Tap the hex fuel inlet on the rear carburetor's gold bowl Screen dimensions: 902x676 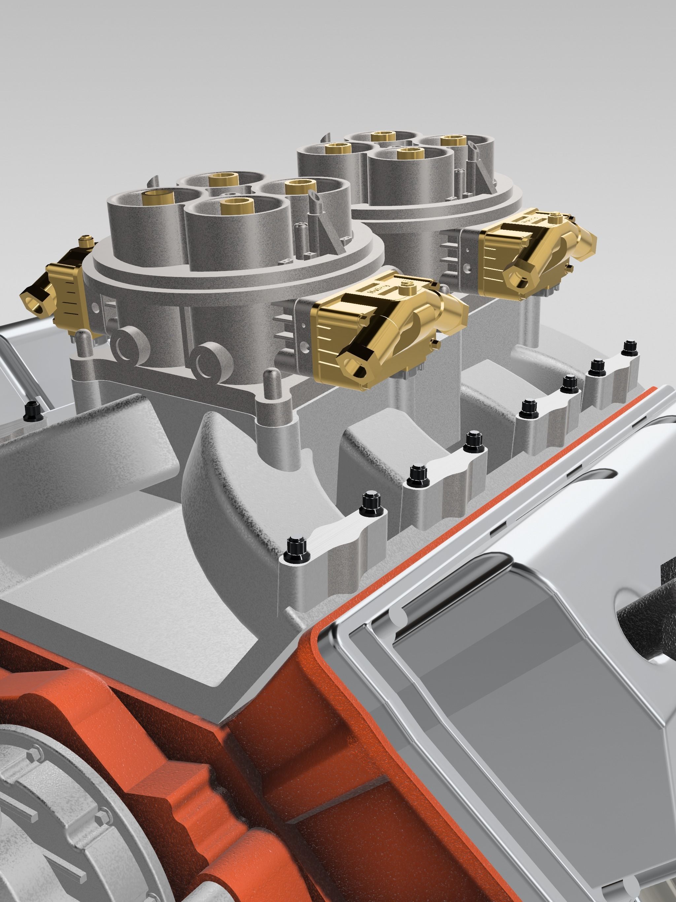pyautogui.click(x=517, y=277)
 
